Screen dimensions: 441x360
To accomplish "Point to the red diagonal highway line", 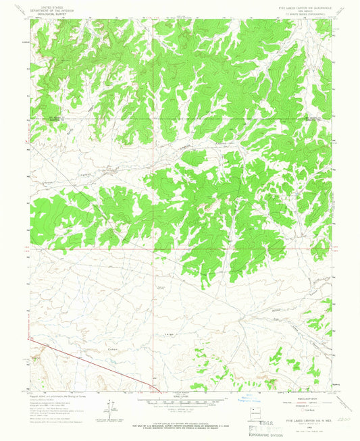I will (x=95, y=364).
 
